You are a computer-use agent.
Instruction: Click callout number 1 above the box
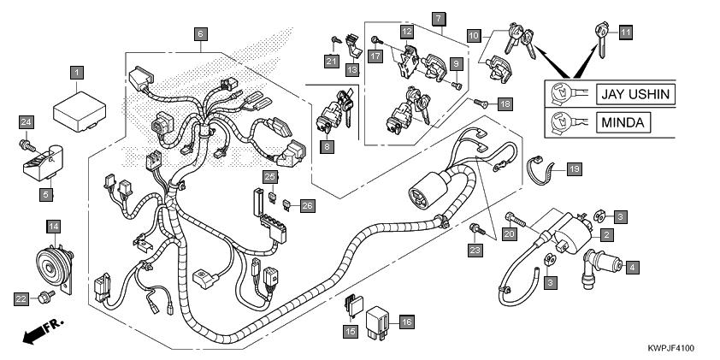77,73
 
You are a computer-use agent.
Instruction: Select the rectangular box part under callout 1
80,111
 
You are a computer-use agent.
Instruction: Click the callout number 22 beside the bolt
21,299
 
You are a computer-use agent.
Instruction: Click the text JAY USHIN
635,95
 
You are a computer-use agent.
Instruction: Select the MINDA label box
623,122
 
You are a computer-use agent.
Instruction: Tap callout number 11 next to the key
625,32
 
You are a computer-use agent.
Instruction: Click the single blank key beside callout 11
601,39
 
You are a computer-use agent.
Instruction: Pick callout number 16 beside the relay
406,322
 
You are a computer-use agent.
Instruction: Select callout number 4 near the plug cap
632,267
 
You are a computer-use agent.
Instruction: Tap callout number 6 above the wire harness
201,34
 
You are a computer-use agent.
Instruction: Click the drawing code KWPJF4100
671,348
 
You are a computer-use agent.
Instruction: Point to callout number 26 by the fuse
307,206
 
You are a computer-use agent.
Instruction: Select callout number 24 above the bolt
27,122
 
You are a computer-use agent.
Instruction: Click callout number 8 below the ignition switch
328,147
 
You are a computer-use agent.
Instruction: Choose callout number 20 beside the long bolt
509,234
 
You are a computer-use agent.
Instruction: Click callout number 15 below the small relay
351,332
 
